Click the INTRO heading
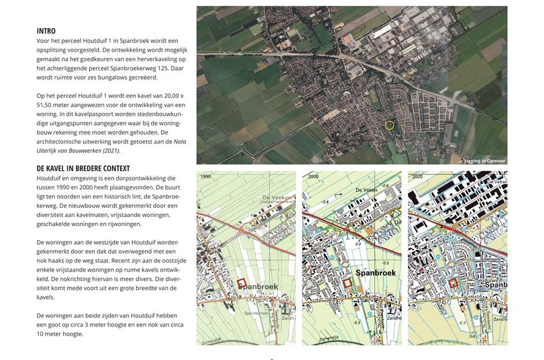[x=46, y=31]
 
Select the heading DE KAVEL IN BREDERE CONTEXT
[x=83, y=168]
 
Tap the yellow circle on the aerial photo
[x=389, y=124]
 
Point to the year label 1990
[x=206, y=178]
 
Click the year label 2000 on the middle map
[x=313, y=178]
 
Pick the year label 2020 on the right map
[x=418, y=178]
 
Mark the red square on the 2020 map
[x=454, y=282]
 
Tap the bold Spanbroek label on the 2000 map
[x=375, y=272]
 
